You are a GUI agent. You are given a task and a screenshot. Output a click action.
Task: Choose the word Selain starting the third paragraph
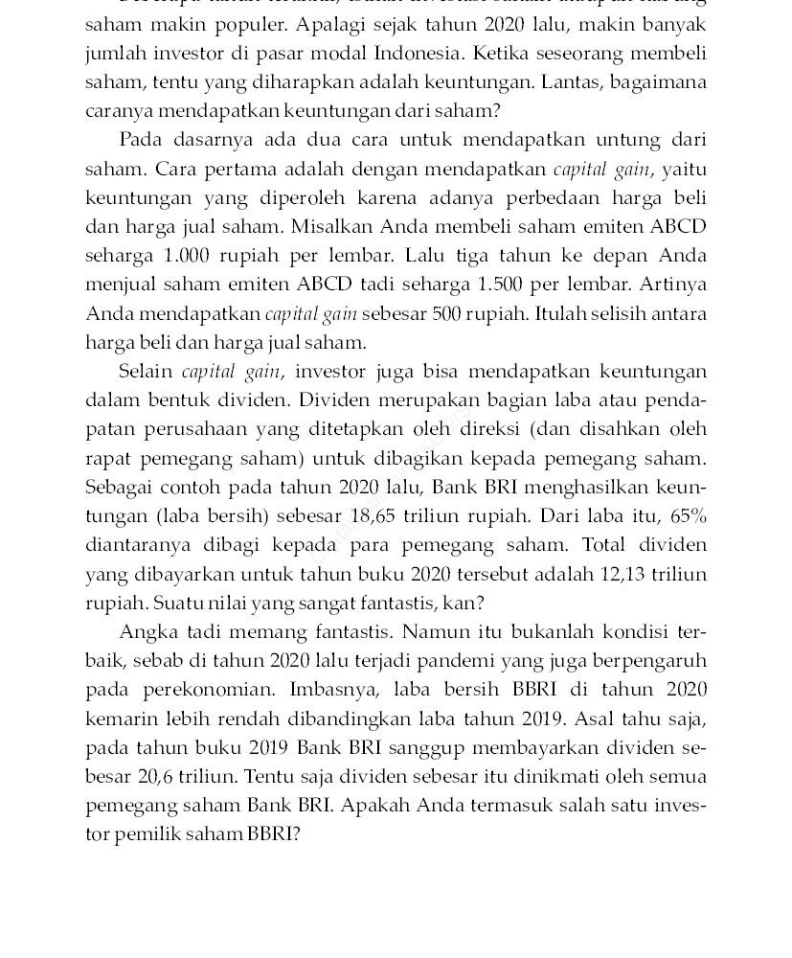[146, 372]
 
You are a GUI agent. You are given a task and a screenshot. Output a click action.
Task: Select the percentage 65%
[689, 516]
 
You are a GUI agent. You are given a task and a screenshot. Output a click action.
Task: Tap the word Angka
[148, 632]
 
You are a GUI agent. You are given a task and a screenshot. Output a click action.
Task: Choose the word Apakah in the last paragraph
[373, 806]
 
